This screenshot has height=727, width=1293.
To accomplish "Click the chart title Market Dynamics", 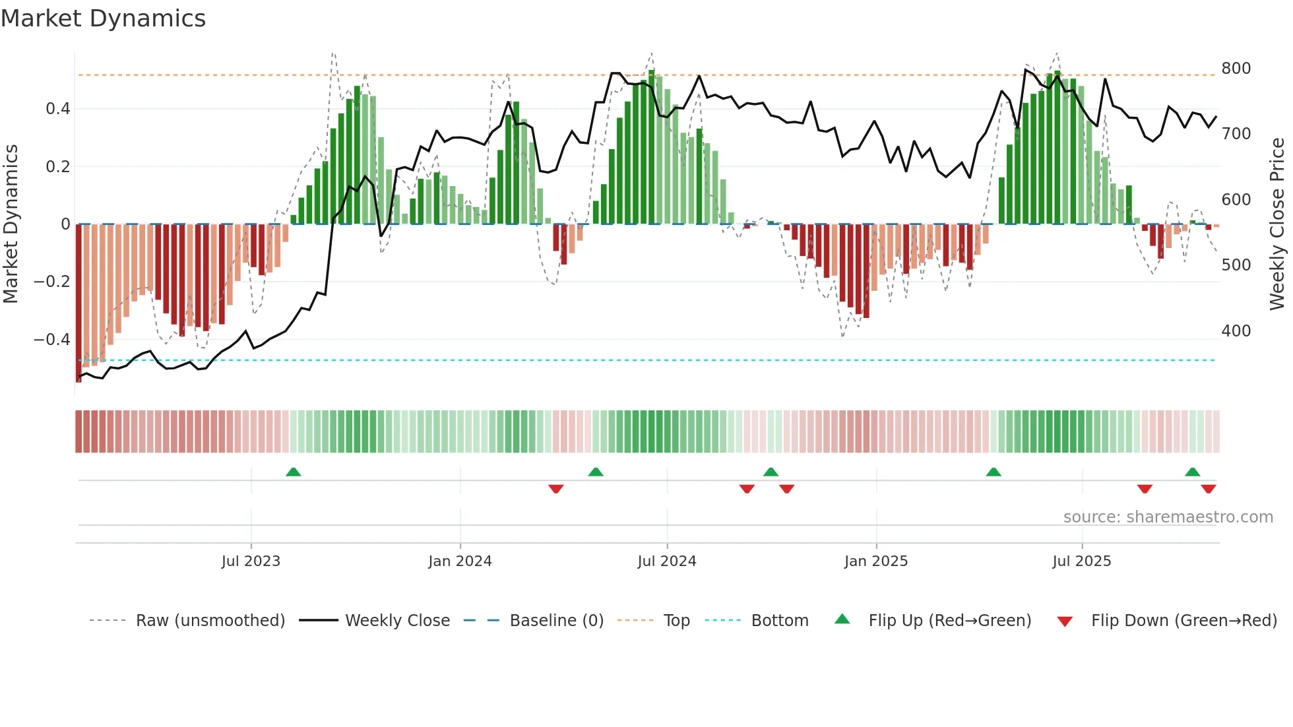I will pyautogui.click(x=104, y=18).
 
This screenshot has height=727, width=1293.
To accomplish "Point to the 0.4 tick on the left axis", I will pyautogui.click(x=58, y=109).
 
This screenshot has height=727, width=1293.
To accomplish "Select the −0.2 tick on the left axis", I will pyautogui.click(x=52, y=282).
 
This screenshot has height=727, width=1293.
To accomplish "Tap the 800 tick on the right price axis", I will pyautogui.click(x=1236, y=69).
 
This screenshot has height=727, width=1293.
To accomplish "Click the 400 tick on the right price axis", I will pyautogui.click(x=1236, y=331).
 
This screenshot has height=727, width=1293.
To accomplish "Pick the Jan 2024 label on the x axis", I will pyautogui.click(x=460, y=561).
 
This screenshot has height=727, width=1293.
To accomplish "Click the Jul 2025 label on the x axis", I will pyautogui.click(x=1081, y=561).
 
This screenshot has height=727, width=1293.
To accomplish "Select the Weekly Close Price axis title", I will pyautogui.click(x=1277, y=224).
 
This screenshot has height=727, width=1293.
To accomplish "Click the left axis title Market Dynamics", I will pyautogui.click(x=11, y=224).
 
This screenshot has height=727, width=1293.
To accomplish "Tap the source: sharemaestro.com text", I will pyautogui.click(x=1168, y=517).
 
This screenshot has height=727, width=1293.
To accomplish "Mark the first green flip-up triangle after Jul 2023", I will pyautogui.click(x=294, y=472).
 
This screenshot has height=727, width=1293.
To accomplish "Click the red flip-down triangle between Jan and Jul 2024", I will pyautogui.click(x=556, y=488).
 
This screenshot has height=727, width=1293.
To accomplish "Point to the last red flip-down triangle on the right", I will pyautogui.click(x=1209, y=488).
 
